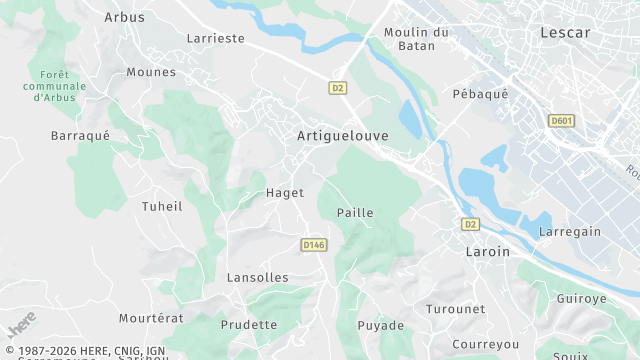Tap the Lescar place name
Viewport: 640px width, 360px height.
565,32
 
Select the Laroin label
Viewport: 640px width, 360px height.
488,252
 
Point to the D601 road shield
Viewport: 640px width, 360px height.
561,121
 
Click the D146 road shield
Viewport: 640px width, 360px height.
313,244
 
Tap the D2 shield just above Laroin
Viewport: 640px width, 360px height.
470,224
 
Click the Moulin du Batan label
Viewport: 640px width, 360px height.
417,39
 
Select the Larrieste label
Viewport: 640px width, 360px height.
215,39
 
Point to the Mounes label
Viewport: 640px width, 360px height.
152,72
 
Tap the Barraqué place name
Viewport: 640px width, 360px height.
79,134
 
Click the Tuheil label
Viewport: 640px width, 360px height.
162,206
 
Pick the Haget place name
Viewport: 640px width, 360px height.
285,193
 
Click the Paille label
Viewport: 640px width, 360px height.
355,213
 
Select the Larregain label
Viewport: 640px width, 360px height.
570,232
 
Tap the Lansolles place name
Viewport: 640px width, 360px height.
257,277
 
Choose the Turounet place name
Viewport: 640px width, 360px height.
455,309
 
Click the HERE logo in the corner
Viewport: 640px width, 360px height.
20,325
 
